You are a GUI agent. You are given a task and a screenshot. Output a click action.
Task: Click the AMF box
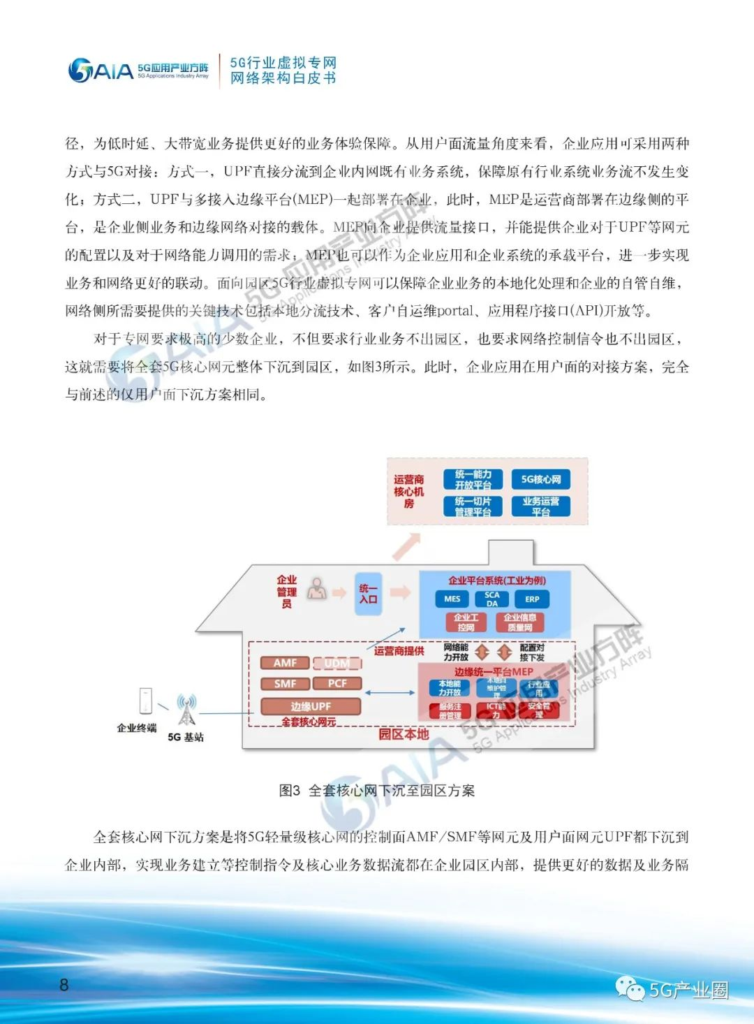pyautogui.click(x=285, y=663)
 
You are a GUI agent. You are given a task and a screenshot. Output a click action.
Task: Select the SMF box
pyautogui.click(x=285, y=684)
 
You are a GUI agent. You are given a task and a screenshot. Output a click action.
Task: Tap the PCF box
pyautogui.click(x=337, y=684)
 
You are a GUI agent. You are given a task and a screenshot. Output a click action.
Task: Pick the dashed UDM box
pyautogui.click(x=337, y=663)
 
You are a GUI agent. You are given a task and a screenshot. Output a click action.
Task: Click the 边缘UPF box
pyautogui.click(x=311, y=706)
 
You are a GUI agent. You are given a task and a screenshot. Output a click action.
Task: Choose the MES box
pyautogui.click(x=452, y=599)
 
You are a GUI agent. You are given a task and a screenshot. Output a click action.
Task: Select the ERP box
pyautogui.click(x=532, y=599)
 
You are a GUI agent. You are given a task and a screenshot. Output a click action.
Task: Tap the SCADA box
pyautogui.click(x=492, y=599)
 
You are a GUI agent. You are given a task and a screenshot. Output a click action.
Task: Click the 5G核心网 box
pyautogui.click(x=541, y=479)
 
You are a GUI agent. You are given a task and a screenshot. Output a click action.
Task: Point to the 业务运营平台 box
pyautogui.click(x=541, y=506)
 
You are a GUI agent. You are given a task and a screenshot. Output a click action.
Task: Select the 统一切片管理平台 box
pyautogui.click(x=473, y=506)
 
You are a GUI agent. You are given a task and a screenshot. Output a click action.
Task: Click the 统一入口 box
pyautogui.click(x=369, y=594)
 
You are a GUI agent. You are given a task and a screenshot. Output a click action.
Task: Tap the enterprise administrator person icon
pyautogui.click(x=318, y=589)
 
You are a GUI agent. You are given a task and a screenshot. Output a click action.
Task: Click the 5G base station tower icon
pyautogui.click(x=186, y=710)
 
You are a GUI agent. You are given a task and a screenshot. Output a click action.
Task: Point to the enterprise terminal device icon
pyautogui.click(x=146, y=701)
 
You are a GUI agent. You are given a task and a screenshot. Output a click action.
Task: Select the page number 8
pyautogui.click(x=64, y=985)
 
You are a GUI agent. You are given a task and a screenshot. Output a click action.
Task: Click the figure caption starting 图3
pyautogui.click(x=377, y=791)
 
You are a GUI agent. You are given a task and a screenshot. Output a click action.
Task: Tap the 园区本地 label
pyautogui.click(x=404, y=734)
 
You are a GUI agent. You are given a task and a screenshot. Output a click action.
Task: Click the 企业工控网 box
pyautogui.click(x=466, y=622)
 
